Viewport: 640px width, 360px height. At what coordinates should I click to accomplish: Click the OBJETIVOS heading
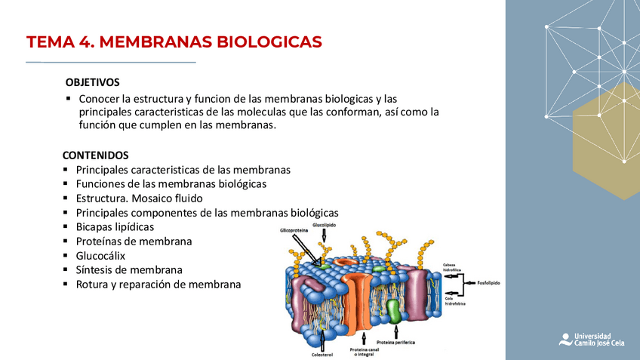coord(92,82)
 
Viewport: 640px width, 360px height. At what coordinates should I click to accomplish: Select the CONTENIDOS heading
coord(95,155)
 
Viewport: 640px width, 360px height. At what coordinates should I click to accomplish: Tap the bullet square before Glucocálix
coord(67,255)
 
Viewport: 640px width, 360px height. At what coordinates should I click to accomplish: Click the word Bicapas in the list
coord(94,226)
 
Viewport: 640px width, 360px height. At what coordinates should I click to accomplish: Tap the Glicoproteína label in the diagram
coord(294,230)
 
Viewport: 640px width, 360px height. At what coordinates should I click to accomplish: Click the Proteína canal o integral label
coord(364,352)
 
